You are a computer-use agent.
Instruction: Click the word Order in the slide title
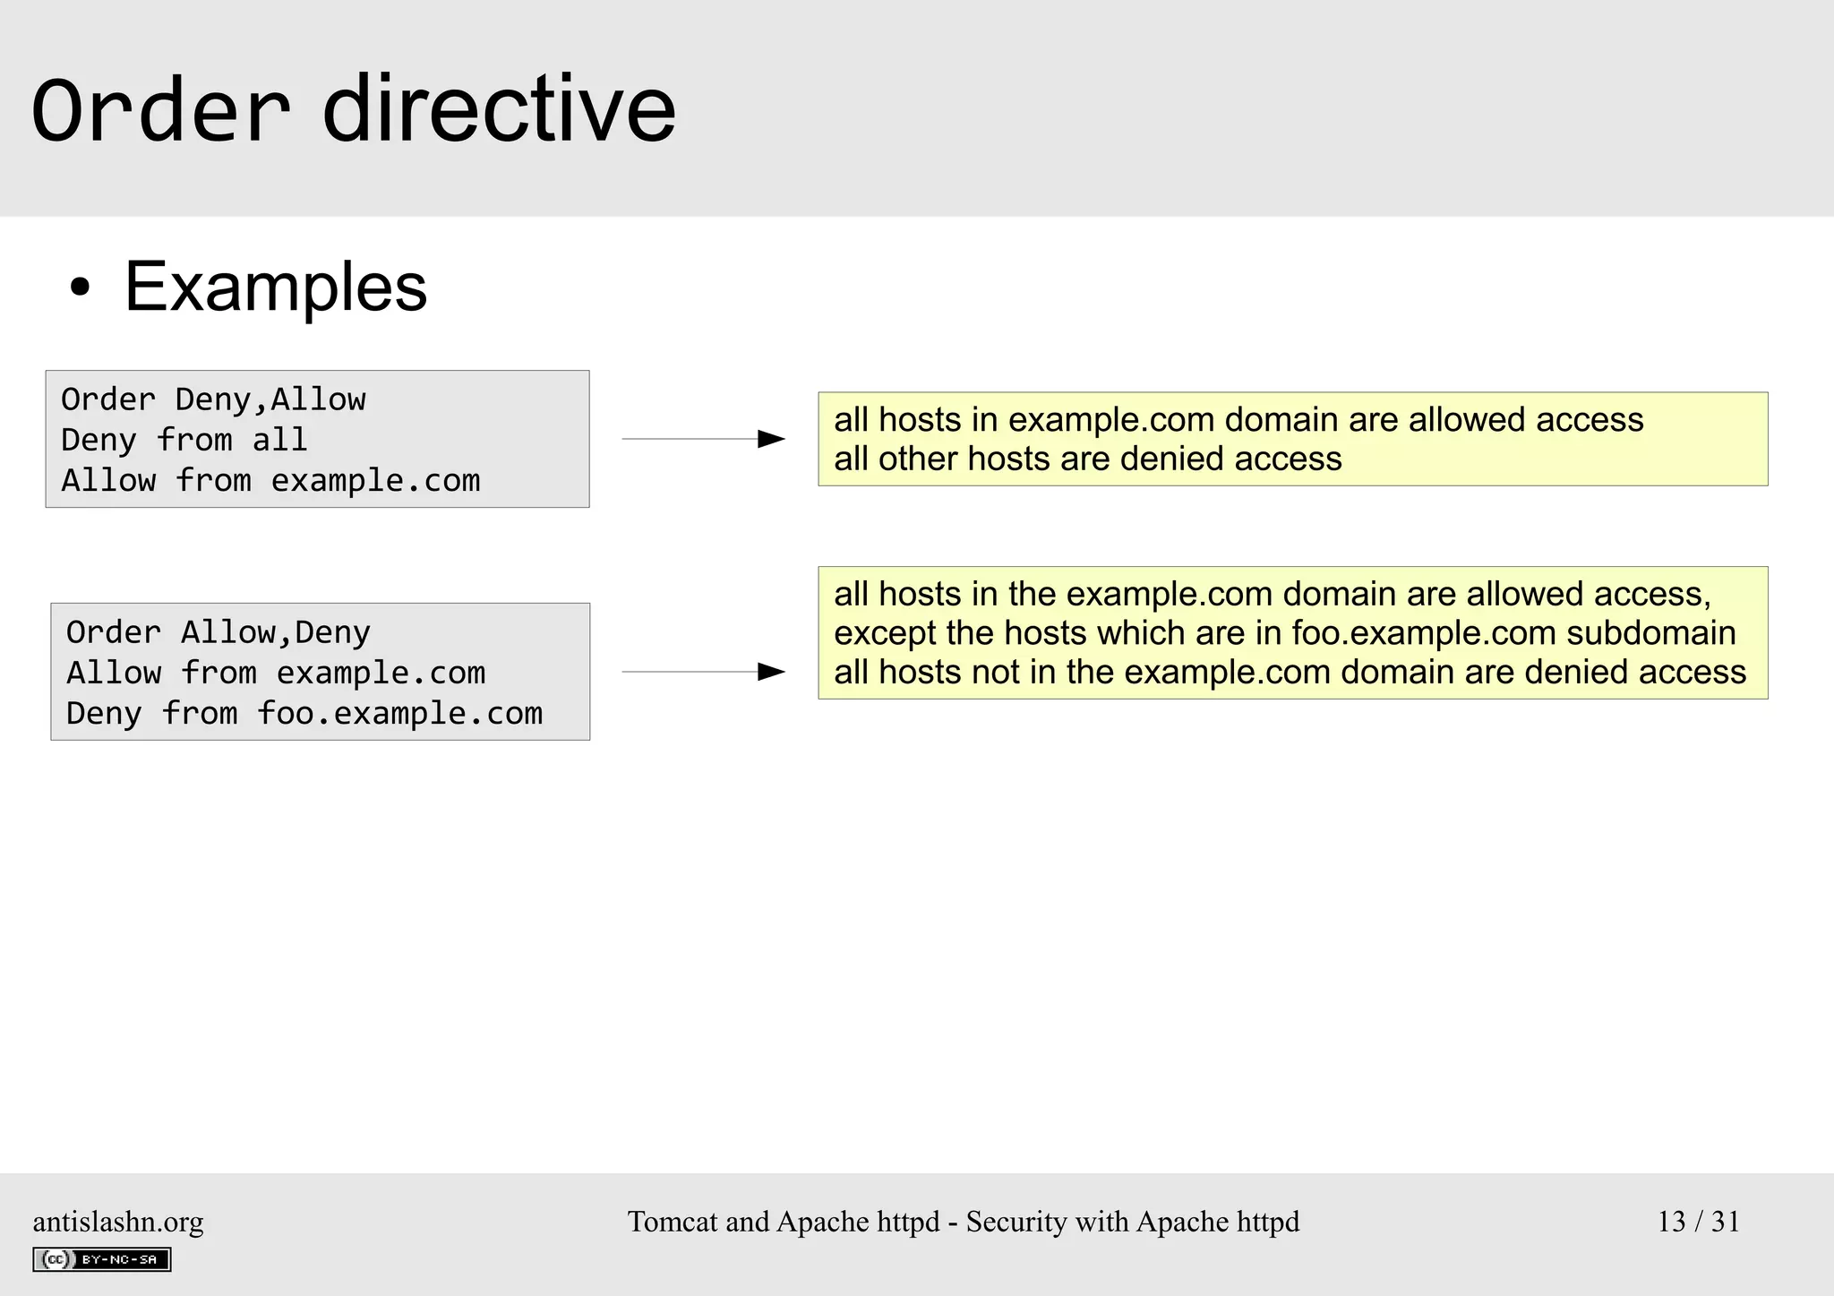click(x=161, y=110)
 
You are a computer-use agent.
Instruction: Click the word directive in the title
click(x=498, y=110)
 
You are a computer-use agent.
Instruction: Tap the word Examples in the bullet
click(x=275, y=287)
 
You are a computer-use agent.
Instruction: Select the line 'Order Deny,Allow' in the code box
click(x=213, y=399)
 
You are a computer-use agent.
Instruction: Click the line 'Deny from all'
click(x=184, y=440)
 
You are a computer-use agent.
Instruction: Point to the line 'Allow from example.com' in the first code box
click(x=270, y=481)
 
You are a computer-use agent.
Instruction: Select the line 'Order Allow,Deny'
click(x=218, y=632)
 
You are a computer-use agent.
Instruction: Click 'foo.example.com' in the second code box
click(x=399, y=714)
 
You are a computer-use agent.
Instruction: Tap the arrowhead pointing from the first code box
click(x=770, y=439)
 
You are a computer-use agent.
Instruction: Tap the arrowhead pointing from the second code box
click(x=770, y=672)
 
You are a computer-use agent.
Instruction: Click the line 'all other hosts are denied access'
click(x=1087, y=459)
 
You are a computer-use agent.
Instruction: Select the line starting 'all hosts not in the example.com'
click(x=1290, y=672)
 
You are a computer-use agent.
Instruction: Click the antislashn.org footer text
click(x=118, y=1222)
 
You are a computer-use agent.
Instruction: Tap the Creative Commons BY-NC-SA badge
click(x=102, y=1259)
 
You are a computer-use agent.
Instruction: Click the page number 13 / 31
click(x=1698, y=1222)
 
